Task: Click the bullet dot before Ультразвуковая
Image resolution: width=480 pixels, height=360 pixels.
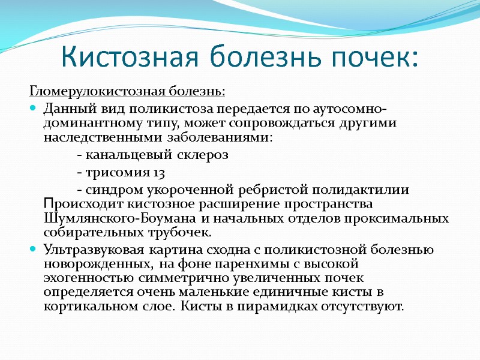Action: [x=33, y=249]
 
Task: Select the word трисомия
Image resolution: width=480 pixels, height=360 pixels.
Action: [x=118, y=173]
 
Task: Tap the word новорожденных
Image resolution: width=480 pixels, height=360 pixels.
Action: [x=95, y=264]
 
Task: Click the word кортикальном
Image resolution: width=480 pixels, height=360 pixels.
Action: [x=86, y=307]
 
